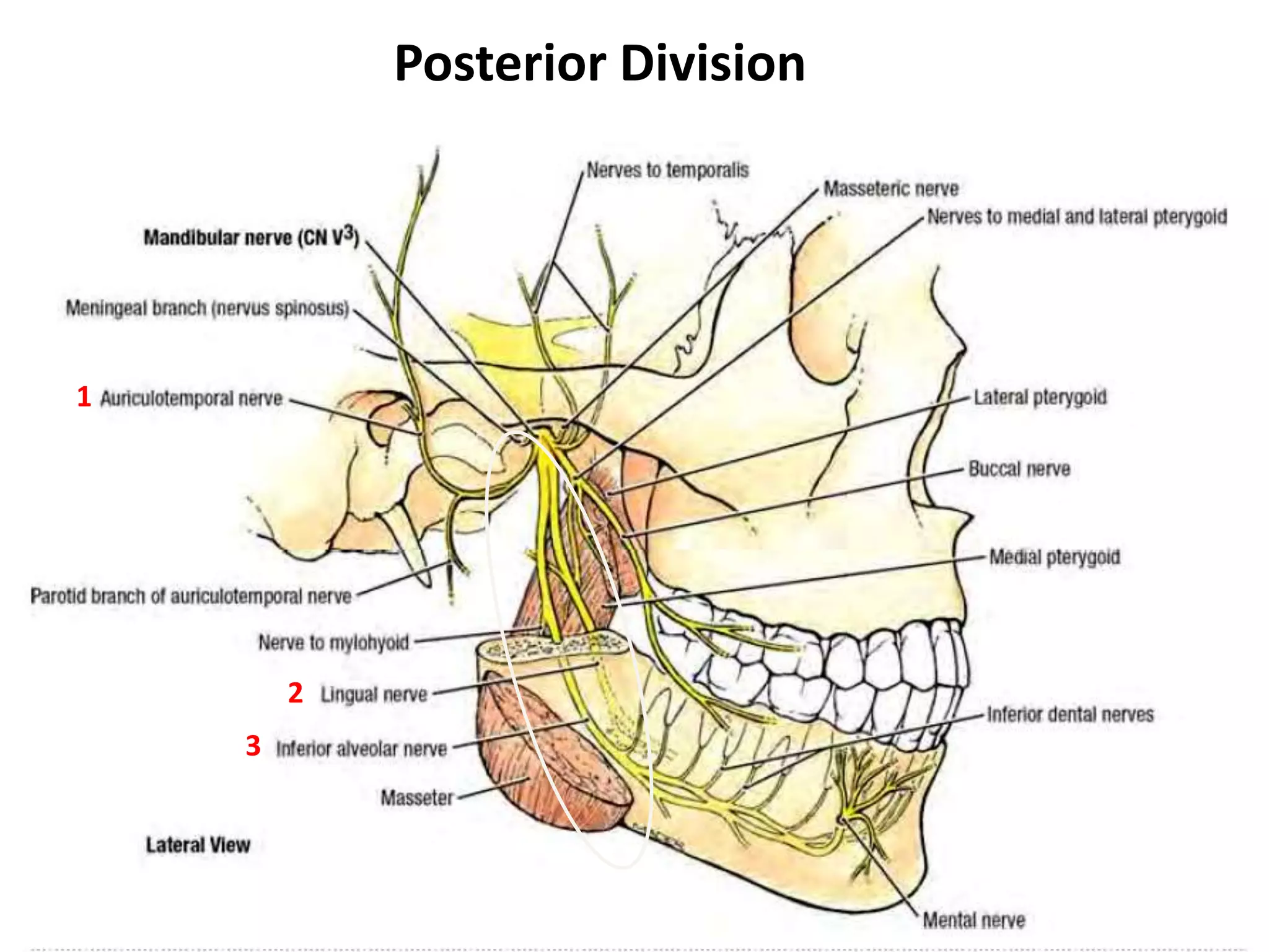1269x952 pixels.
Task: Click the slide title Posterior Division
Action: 599,64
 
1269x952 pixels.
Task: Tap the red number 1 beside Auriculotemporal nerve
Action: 84,397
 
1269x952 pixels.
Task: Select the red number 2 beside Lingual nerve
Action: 295,693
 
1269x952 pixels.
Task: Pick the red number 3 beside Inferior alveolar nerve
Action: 253,746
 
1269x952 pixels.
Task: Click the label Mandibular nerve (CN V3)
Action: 251,237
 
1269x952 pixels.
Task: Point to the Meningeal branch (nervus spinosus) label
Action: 208,308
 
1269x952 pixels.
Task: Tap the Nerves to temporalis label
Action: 667,170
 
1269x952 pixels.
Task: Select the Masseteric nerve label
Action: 890,188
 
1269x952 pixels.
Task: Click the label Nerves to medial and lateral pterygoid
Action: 1077,216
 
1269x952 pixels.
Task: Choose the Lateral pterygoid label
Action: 1040,397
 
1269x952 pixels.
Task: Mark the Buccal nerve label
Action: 1019,469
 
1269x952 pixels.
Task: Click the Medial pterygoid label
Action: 1054,557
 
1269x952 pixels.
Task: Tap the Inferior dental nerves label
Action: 1070,715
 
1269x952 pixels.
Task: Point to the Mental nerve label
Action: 974,920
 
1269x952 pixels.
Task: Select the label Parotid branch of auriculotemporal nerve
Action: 191,596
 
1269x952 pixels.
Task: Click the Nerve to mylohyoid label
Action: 333,642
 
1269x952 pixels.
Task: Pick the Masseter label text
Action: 416,797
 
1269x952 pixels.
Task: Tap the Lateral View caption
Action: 198,845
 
